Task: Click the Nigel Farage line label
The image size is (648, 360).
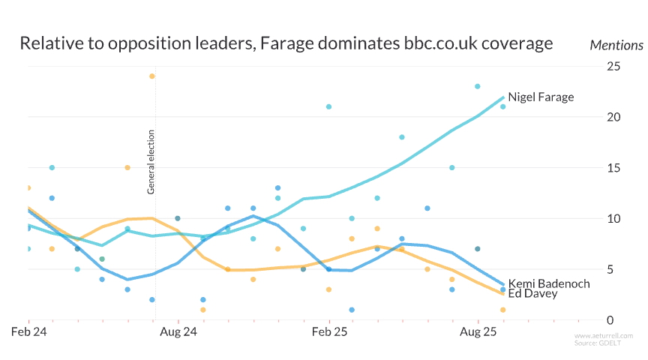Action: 540,97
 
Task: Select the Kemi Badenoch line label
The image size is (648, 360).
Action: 548,283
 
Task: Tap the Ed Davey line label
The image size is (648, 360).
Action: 532,293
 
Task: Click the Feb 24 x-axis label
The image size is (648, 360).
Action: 29,331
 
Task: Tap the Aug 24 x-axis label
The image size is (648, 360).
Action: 179,331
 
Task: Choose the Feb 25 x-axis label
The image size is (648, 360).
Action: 329,331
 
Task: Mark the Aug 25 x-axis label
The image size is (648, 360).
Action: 478,331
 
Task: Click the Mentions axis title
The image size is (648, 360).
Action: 616,45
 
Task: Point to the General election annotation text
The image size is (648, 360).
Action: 151,163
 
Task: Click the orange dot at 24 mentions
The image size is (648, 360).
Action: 152,76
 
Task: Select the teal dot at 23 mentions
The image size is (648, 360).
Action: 477,86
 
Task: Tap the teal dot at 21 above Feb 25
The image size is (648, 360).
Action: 328,106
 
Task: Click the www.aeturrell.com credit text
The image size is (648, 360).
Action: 604,335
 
